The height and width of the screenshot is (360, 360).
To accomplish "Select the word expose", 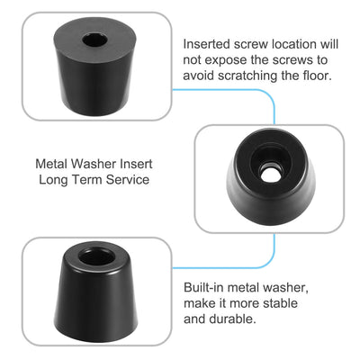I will (225, 58).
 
